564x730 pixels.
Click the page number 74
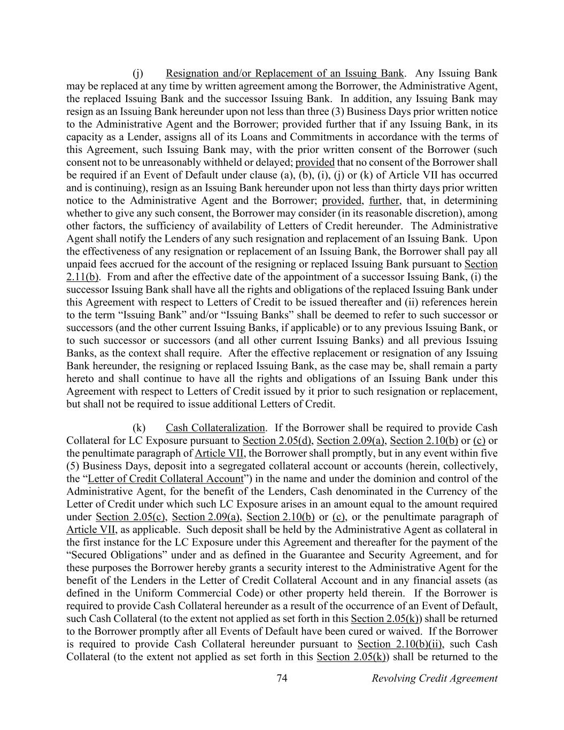coord(282,679)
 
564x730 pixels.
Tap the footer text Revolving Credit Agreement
coord(434,679)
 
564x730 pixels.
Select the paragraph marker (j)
coord(138,73)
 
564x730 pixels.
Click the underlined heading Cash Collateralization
coord(215,428)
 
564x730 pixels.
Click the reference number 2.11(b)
coord(82,277)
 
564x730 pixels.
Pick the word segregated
coord(273,466)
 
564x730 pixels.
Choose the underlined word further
coord(384,201)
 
